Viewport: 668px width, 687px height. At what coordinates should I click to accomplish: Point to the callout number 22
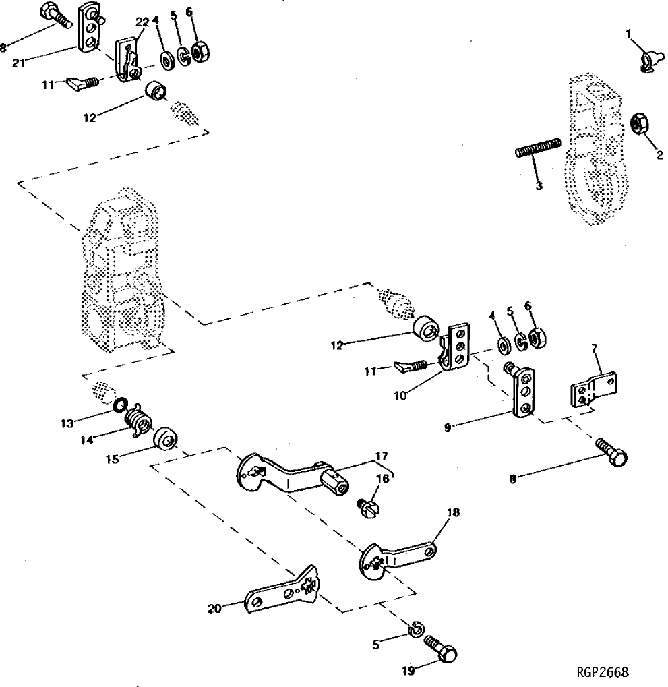(x=142, y=22)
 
